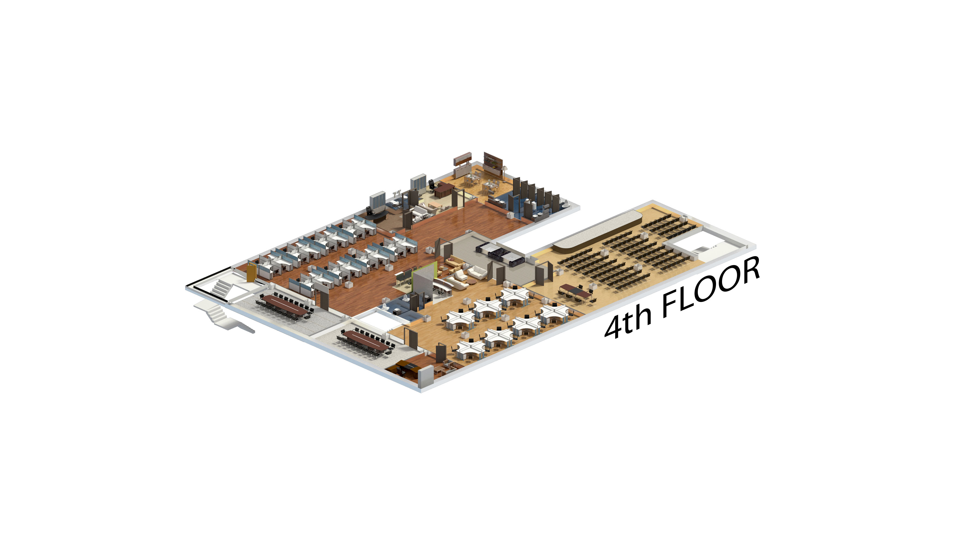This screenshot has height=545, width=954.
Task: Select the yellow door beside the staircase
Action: [251, 272]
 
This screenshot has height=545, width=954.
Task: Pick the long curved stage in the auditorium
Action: [597, 230]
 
